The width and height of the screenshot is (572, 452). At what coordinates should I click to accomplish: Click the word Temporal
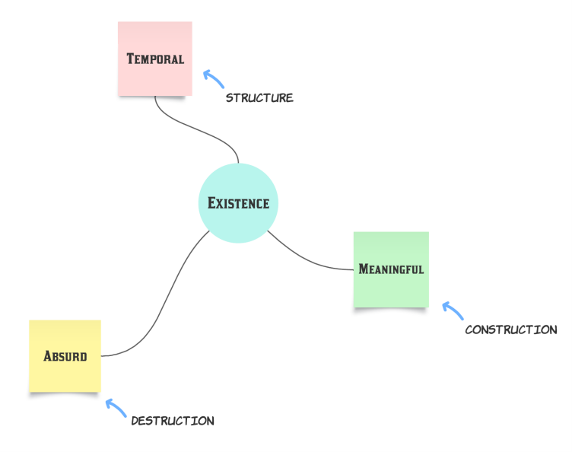pos(155,59)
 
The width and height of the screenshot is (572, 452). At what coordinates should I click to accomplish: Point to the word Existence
pos(238,203)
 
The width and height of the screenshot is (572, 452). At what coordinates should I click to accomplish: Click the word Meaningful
pos(391,269)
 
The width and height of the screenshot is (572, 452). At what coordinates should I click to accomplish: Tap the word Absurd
pos(65,355)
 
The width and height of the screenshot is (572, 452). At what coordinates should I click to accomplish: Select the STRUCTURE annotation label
pos(259,98)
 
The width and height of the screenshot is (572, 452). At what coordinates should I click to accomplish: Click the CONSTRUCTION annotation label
pos(510,330)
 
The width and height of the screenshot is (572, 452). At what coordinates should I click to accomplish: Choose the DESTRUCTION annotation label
pos(173,421)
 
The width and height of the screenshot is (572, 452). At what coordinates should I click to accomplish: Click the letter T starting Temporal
pos(131,59)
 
